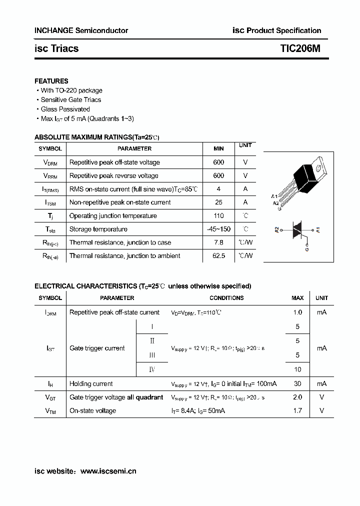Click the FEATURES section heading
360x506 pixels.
pyautogui.click(x=51, y=81)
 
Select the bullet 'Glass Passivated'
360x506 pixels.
pyautogui.click(x=65, y=109)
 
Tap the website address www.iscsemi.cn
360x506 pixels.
pyautogui.click(x=108, y=471)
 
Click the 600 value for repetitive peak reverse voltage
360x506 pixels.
pyautogui.click(x=218, y=175)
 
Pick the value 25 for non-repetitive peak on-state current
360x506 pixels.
pyautogui.click(x=218, y=202)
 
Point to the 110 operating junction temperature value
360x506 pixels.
pyautogui.click(x=218, y=215)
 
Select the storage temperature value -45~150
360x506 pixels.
pyautogui.click(x=218, y=229)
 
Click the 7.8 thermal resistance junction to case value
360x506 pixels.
pyautogui.click(x=218, y=242)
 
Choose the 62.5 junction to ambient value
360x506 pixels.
pyautogui.click(x=218, y=255)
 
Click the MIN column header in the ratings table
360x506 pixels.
pyautogui.click(x=218, y=148)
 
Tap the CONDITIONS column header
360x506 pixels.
pyautogui.click(x=226, y=298)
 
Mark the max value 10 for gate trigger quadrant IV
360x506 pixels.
pyautogui.click(x=297, y=369)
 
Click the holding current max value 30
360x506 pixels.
pyautogui.click(x=297, y=383)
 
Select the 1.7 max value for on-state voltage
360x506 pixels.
pyautogui.click(x=297, y=410)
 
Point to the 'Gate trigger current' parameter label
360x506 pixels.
pyautogui.click(x=97, y=348)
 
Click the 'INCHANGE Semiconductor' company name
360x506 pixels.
pyautogui.click(x=81, y=30)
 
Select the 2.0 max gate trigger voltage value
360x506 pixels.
pyautogui.click(x=297, y=397)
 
